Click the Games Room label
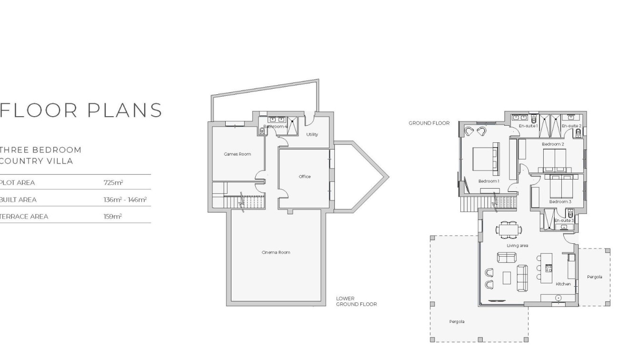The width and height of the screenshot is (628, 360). click(237, 154)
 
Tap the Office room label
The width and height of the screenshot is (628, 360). click(305, 177)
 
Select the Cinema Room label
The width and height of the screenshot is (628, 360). click(276, 252)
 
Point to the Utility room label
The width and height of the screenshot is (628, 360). click(312, 135)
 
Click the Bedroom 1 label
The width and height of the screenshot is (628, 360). click(488, 181)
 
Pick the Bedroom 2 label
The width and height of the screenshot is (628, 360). click(553, 144)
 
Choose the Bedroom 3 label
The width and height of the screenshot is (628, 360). click(560, 202)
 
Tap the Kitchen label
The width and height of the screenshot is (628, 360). click(563, 284)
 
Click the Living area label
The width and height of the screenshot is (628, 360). click(518, 246)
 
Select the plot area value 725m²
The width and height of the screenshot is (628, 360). click(113, 183)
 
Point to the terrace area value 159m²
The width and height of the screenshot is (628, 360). click(113, 217)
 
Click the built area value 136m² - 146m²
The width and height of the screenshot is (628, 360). click(125, 200)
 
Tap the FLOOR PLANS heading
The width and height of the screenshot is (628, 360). click(81, 110)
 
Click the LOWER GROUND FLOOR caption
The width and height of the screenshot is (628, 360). click(356, 301)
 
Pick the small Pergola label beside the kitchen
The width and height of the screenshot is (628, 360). click(595, 277)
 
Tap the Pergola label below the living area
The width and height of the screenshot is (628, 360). click(456, 322)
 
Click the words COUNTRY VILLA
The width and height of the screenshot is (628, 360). click(37, 161)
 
